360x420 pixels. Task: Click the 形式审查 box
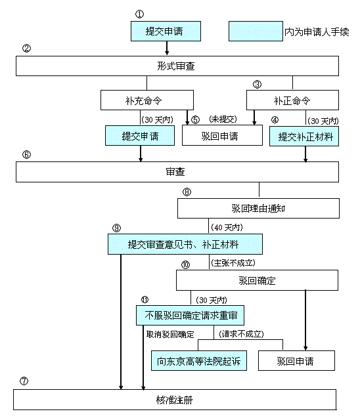click(x=177, y=66)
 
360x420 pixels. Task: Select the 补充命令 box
click(x=147, y=100)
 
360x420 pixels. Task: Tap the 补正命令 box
click(x=292, y=100)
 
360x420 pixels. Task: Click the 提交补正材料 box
click(x=304, y=136)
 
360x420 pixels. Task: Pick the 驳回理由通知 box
click(x=258, y=209)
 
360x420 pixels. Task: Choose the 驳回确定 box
click(x=257, y=280)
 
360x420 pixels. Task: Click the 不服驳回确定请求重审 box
click(x=190, y=315)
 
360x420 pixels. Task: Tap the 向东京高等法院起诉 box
click(x=199, y=361)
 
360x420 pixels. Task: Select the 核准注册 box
click(x=175, y=400)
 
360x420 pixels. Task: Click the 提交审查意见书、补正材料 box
click(x=185, y=244)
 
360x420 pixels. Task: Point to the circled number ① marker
click(x=139, y=14)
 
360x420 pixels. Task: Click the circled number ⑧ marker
click(x=187, y=192)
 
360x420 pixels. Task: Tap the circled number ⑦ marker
click(x=24, y=381)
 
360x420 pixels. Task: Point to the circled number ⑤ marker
click(x=195, y=119)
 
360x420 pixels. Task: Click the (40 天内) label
click(x=227, y=228)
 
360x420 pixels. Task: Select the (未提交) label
click(x=223, y=119)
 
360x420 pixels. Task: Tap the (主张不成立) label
click(x=233, y=262)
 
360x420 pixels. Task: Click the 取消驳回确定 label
click(x=170, y=334)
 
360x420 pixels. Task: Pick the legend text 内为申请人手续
click(x=317, y=32)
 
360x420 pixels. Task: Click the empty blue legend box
click(x=256, y=31)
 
